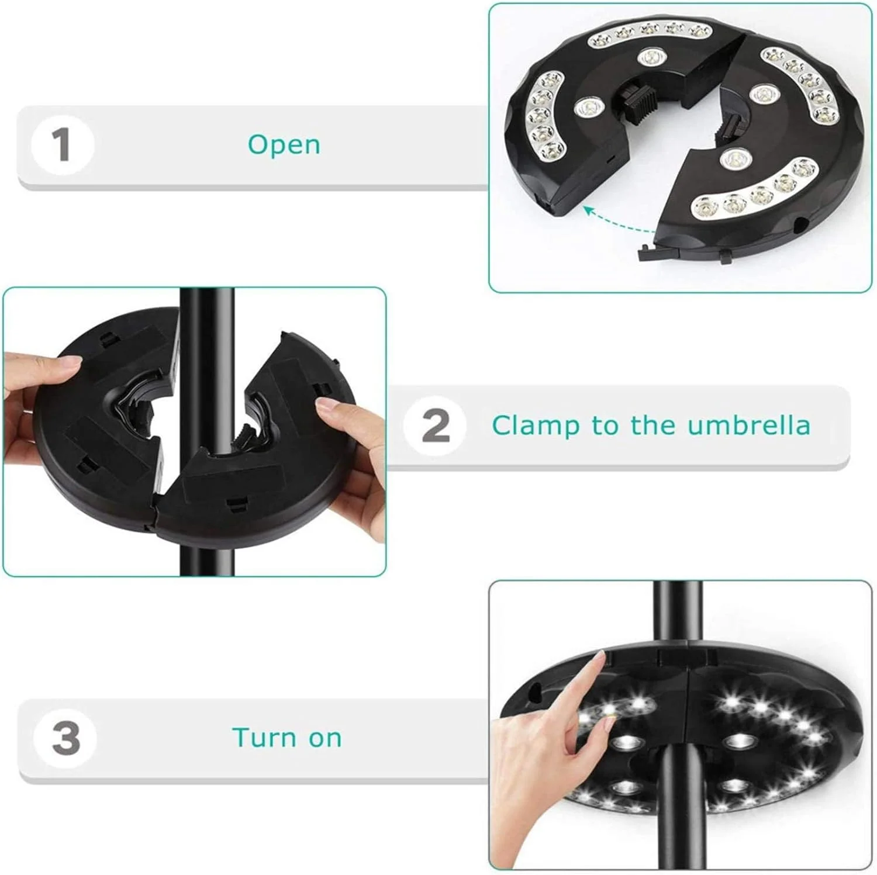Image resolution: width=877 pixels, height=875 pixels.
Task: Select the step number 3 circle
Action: [65, 738]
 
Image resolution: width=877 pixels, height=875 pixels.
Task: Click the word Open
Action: [284, 144]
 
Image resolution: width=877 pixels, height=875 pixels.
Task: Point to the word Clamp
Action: [537, 426]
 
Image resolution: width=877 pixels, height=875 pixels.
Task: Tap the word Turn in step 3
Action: [265, 738]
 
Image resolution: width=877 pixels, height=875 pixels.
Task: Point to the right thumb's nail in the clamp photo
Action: [326, 404]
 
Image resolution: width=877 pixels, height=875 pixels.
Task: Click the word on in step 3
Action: [325, 739]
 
